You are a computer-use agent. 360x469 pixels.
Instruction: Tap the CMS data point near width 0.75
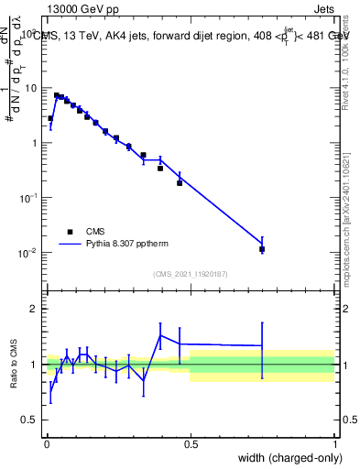262,249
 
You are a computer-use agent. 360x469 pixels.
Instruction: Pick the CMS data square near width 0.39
160,169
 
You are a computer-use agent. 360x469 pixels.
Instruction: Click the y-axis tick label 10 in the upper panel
32,88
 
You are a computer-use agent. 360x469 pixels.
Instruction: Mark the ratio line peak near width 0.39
160,335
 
